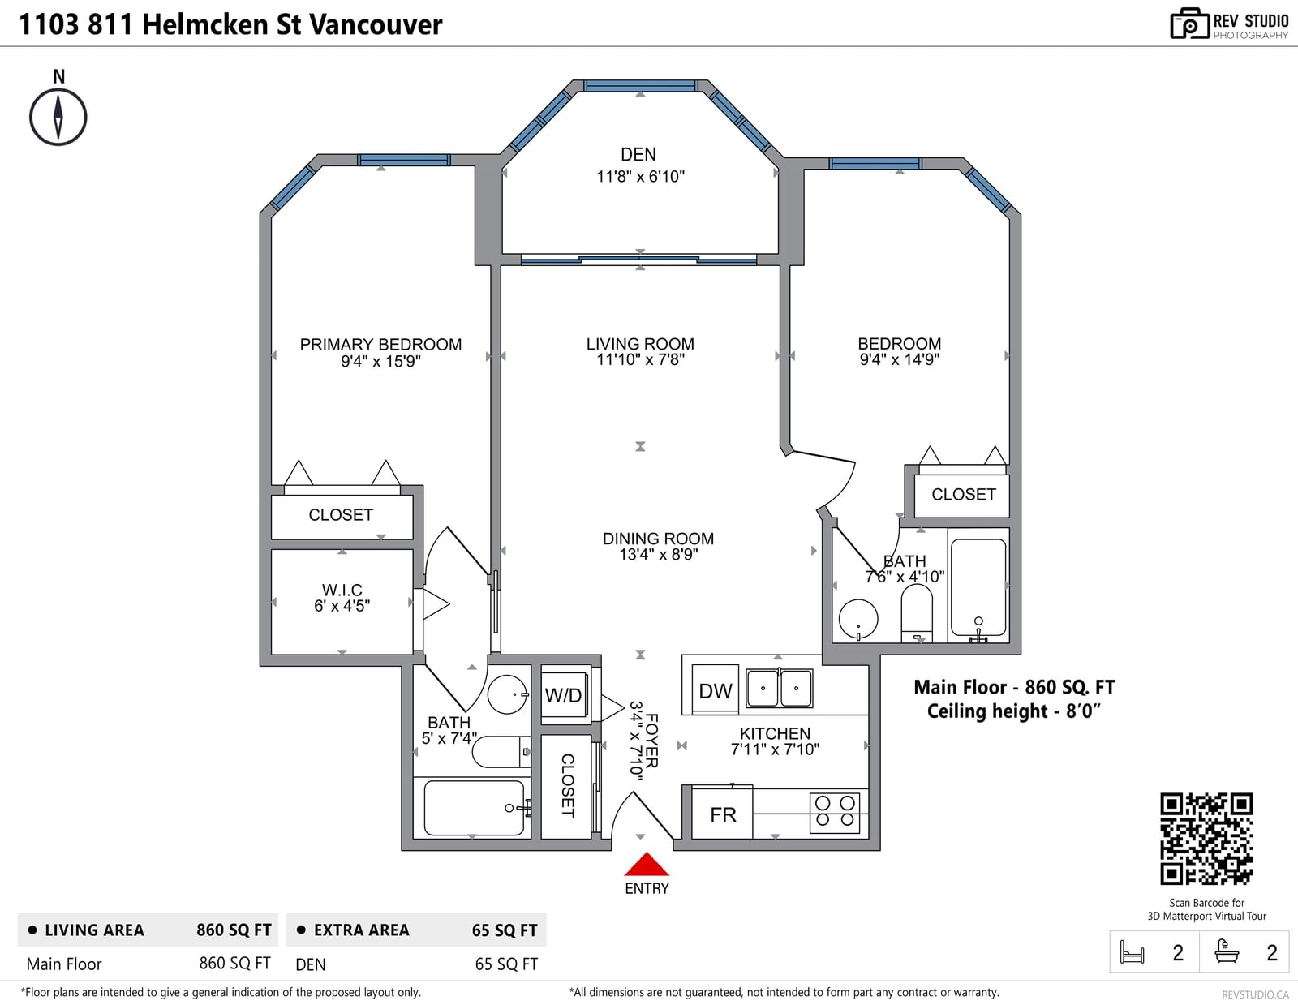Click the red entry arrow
[x=647, y=864]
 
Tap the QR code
[x=1206, y=839]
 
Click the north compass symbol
[x=58, y=117]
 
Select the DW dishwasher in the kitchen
[x=715, y=690]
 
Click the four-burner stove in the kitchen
[x=835, y=812]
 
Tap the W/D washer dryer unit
[x=563, y=694]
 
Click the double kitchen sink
[x=780, y=688]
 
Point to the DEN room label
[x=638, y=155]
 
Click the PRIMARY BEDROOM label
[x=380, y=345]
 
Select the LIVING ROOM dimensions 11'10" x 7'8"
[x=640, y=359]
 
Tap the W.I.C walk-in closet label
[x=342, y=590]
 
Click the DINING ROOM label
[x=658, y=539]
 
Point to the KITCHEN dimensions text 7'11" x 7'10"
[x=775, y=749]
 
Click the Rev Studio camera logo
[x=1189, y=24]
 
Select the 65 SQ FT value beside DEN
[x=506, y=964]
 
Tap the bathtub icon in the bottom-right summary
[x=1227, y=951]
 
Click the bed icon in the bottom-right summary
[x=1132, y=951]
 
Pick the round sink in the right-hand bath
[x=857, y=619]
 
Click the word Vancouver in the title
[x=376, y=24]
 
